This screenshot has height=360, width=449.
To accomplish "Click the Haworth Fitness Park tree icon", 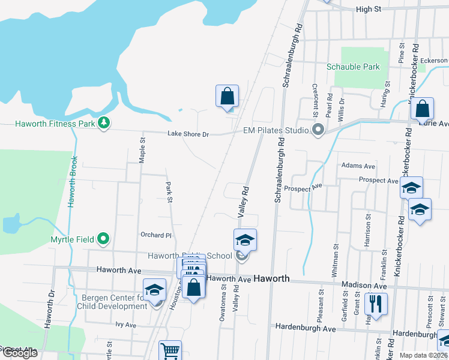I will click(x=104, y=123).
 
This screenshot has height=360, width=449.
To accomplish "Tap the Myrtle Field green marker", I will click(x=103, y=239).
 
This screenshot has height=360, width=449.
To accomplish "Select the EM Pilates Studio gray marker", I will click(x=318, y=130).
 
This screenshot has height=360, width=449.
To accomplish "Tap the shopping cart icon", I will click(x=170, y=350).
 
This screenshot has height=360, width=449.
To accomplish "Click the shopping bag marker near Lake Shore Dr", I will click(x=228, y=96).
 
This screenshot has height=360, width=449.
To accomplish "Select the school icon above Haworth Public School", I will click(x=245, y=240).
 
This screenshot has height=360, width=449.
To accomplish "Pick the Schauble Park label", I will click(x=353, y=67).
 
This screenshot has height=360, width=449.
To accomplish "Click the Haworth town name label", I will click(x=271, y=279).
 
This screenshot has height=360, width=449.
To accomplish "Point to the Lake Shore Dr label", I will click(x=188, y=134).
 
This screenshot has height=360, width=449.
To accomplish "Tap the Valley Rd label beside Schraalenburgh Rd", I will click(x=243, y=201).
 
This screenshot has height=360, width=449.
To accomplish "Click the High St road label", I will click(x=369, y=9).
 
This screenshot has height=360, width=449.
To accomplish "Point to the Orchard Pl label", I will click(x=156, y=235).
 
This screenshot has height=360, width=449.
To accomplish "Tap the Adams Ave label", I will click(x=358, y=166).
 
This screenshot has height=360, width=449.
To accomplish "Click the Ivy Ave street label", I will click(x=126, y=325).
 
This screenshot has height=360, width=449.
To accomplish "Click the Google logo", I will click(x=20, y=353).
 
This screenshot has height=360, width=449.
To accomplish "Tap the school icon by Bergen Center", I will click(x=154, y=290).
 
